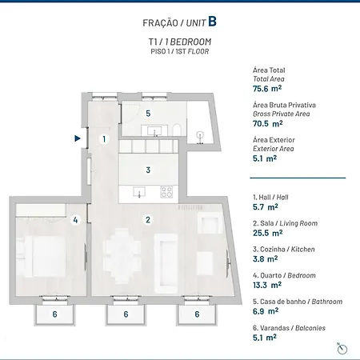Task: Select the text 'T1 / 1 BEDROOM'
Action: (180, 42)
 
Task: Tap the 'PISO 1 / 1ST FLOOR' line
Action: (180, 51)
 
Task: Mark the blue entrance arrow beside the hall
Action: (77, 138)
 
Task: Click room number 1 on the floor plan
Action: (103, 139)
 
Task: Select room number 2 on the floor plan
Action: (147, 219)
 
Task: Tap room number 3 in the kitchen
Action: (147, 170)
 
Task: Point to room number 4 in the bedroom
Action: (75, 219)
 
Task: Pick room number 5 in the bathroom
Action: (147, 113)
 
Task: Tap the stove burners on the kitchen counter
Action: (166, 192)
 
